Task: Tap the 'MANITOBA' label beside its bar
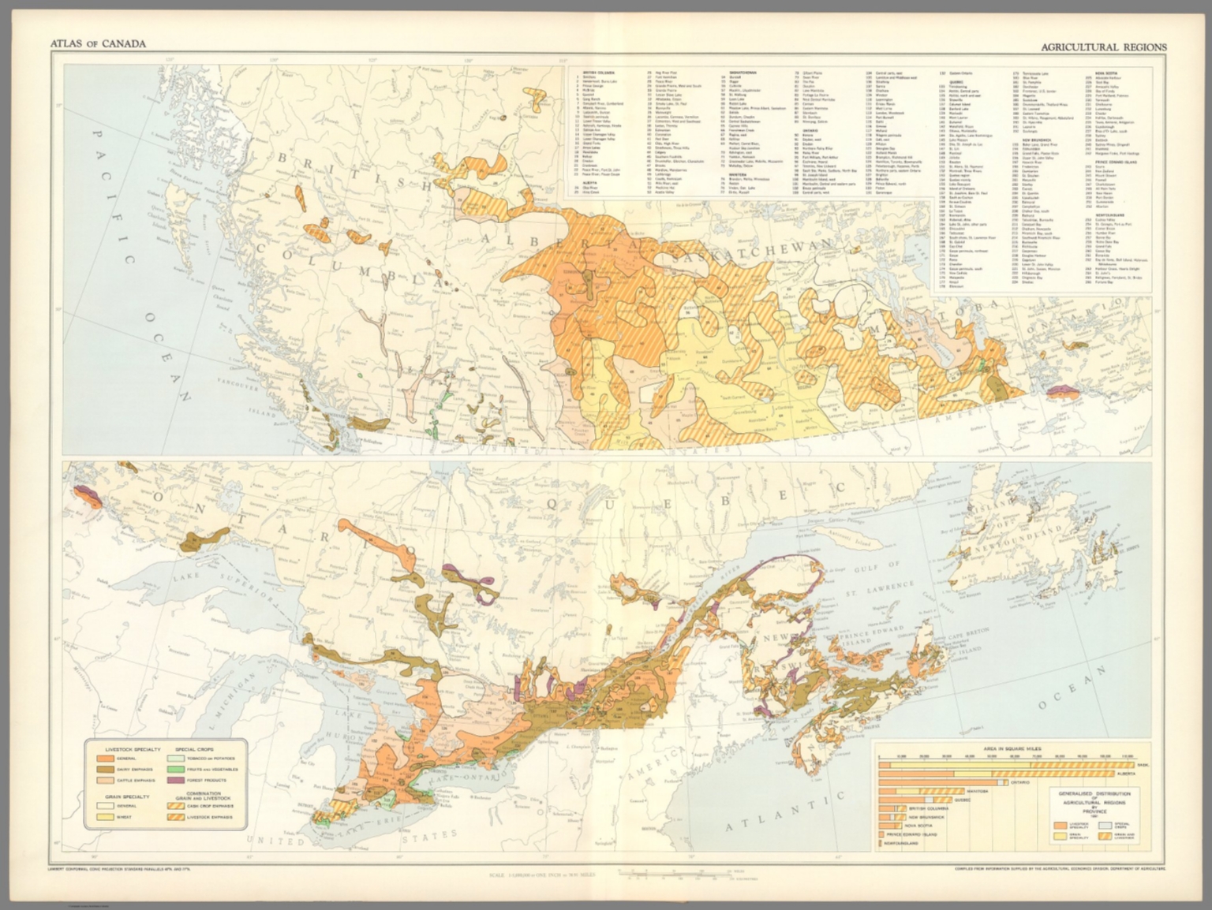(978, 790)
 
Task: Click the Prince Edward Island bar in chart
(881, 834)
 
